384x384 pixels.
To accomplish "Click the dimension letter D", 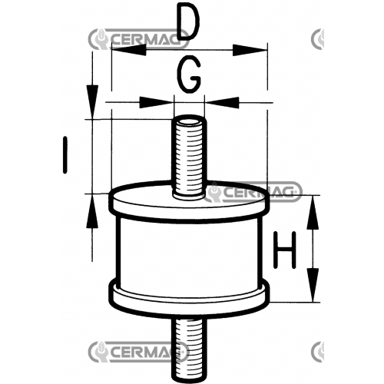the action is (x=189, y=22).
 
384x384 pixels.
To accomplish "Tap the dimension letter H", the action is (x=285, y=250).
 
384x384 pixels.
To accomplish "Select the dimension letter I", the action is (x=65, y=155).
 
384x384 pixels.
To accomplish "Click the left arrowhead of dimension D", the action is (x=129, y=50).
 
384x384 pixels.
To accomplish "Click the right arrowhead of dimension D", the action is (x=250, y=50).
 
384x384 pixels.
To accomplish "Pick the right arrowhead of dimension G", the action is (x=222, y=102).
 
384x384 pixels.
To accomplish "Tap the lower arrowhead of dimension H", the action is (x=313, y=285).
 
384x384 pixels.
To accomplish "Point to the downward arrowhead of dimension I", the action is (x=92, y=102).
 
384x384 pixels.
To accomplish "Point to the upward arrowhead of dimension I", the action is (x=92, y=210).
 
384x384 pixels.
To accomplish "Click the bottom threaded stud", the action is (x=189, y=349).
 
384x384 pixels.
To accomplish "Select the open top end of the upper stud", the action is (x=189, y=121).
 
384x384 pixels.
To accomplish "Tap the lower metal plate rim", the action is (x=189, y=300).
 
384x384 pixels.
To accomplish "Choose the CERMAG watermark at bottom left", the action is (x=138, y=352).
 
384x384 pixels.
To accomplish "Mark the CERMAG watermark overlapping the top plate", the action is (x=254, y=192).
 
